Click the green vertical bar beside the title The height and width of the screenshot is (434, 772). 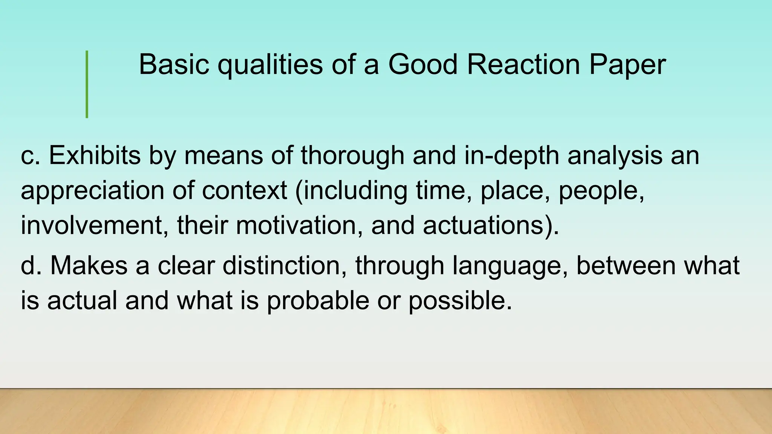[87, 84]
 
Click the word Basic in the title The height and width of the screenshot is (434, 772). [174, 64]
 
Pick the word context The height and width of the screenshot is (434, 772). [244, 191]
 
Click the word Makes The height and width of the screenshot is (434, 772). [89, 265]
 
